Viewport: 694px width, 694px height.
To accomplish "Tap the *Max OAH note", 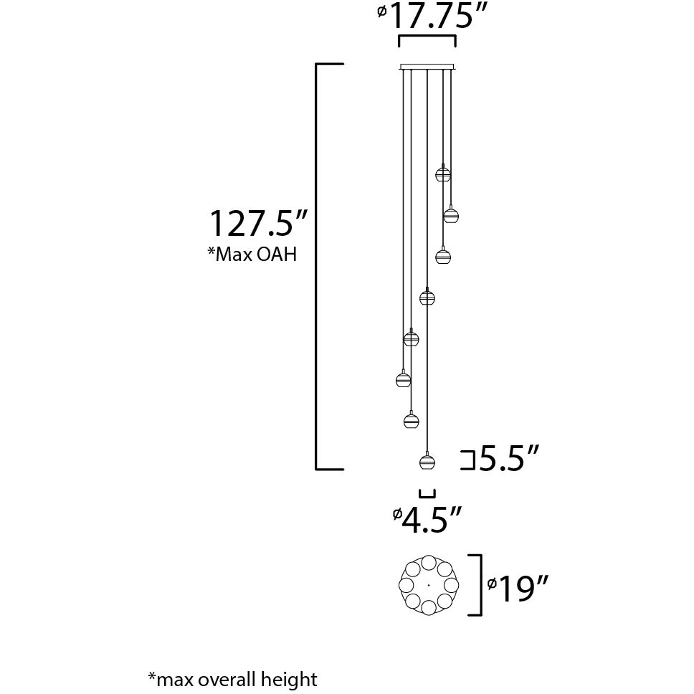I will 252,255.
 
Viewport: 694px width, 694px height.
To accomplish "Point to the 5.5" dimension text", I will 509,459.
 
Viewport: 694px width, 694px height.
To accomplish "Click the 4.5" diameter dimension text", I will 430,520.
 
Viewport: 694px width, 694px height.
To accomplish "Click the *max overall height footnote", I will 232,678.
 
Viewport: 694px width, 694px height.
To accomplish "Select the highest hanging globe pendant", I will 443,173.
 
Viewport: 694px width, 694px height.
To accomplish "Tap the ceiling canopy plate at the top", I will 427,67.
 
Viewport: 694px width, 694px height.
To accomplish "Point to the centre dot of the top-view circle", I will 429,585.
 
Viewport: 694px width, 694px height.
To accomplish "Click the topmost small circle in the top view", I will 429,563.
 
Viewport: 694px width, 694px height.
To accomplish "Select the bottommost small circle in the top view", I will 429,608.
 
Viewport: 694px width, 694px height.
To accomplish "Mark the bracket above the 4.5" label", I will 427,493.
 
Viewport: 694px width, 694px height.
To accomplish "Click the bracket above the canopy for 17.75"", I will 427,39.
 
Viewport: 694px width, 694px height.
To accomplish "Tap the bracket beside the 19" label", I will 475,584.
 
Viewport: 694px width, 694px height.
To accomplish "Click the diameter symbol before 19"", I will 492,584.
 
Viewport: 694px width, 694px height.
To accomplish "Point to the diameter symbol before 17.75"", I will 381,11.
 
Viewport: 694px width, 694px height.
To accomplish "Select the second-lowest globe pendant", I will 411,420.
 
